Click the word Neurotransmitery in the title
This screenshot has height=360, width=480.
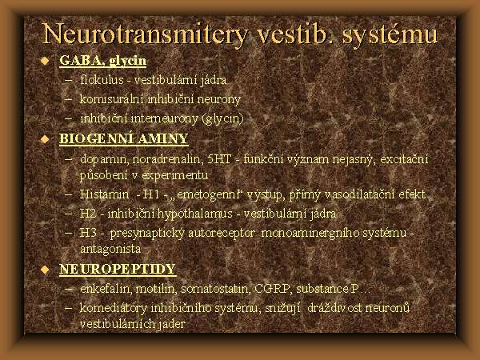click(144, 34)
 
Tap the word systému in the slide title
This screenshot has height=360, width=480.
click(390, 34)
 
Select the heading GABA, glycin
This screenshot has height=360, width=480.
click(103, 60)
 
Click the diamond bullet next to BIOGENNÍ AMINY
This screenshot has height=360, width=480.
click(45, 139)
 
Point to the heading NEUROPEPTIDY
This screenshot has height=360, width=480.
click(118, 269)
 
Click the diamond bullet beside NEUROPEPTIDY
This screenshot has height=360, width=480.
click(45, 270)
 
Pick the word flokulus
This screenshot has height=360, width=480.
click(102, 80)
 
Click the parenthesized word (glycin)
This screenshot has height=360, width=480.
click(223, 118)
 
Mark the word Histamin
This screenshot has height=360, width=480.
click(104, 194)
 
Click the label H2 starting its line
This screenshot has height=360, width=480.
click(88, 214)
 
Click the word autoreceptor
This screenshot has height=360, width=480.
click(222, 234)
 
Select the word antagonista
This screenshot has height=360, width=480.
click(110, 249)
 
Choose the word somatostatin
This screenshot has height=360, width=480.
click(215, 289)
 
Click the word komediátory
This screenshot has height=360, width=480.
click(114, 308)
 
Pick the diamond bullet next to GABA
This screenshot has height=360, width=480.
click(45, 61)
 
